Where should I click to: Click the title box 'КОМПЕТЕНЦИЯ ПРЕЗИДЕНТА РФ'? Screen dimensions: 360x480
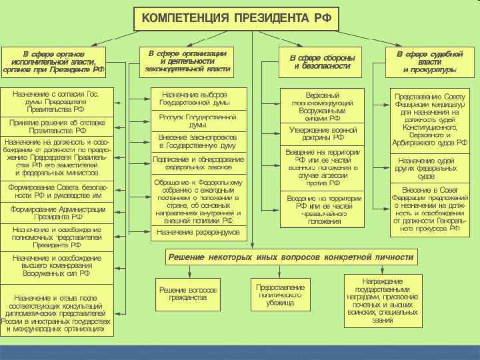pos(236,17)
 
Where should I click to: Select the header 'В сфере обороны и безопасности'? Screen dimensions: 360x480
pos(322,62)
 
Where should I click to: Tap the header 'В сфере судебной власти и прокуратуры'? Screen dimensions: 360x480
pos(429,61)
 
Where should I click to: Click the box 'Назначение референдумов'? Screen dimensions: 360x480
pos(198,232)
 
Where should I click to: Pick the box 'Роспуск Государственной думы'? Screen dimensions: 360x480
pos(198,121)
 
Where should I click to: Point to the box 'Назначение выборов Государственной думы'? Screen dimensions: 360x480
pos(198,99)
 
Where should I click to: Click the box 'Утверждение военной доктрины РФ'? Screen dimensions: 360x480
pos(322,133)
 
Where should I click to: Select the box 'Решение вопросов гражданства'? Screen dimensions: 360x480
pos(188,293)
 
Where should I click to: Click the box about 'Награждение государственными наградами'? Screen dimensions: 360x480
pos(383,301)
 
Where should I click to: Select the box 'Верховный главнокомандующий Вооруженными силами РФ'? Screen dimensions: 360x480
pos(322,105)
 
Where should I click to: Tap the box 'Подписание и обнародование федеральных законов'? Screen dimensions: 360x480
pos(198,163)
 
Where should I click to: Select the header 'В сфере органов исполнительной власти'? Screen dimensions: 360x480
pos(55,61)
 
